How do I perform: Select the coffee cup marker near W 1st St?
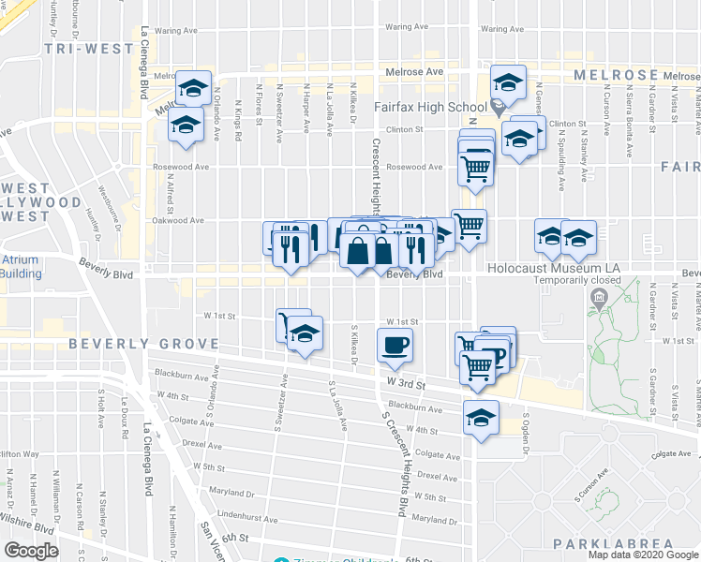395,345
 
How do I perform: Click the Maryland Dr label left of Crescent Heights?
233,492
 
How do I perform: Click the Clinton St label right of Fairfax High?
567,123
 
